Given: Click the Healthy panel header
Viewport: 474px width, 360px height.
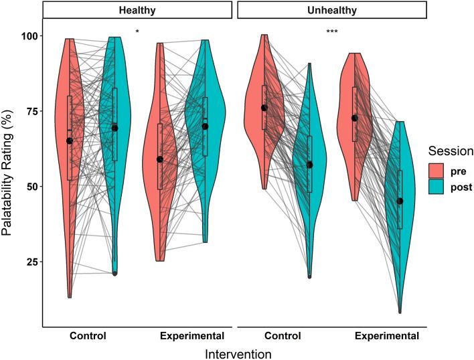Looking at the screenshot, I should [139, 10].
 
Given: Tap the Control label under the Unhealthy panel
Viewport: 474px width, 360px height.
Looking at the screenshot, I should [286, 335].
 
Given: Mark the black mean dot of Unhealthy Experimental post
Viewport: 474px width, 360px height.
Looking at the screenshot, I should [400, 201].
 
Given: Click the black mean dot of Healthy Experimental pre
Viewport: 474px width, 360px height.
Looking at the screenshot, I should [160, 159].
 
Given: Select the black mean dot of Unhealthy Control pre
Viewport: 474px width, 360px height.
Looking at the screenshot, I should [264, 108].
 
